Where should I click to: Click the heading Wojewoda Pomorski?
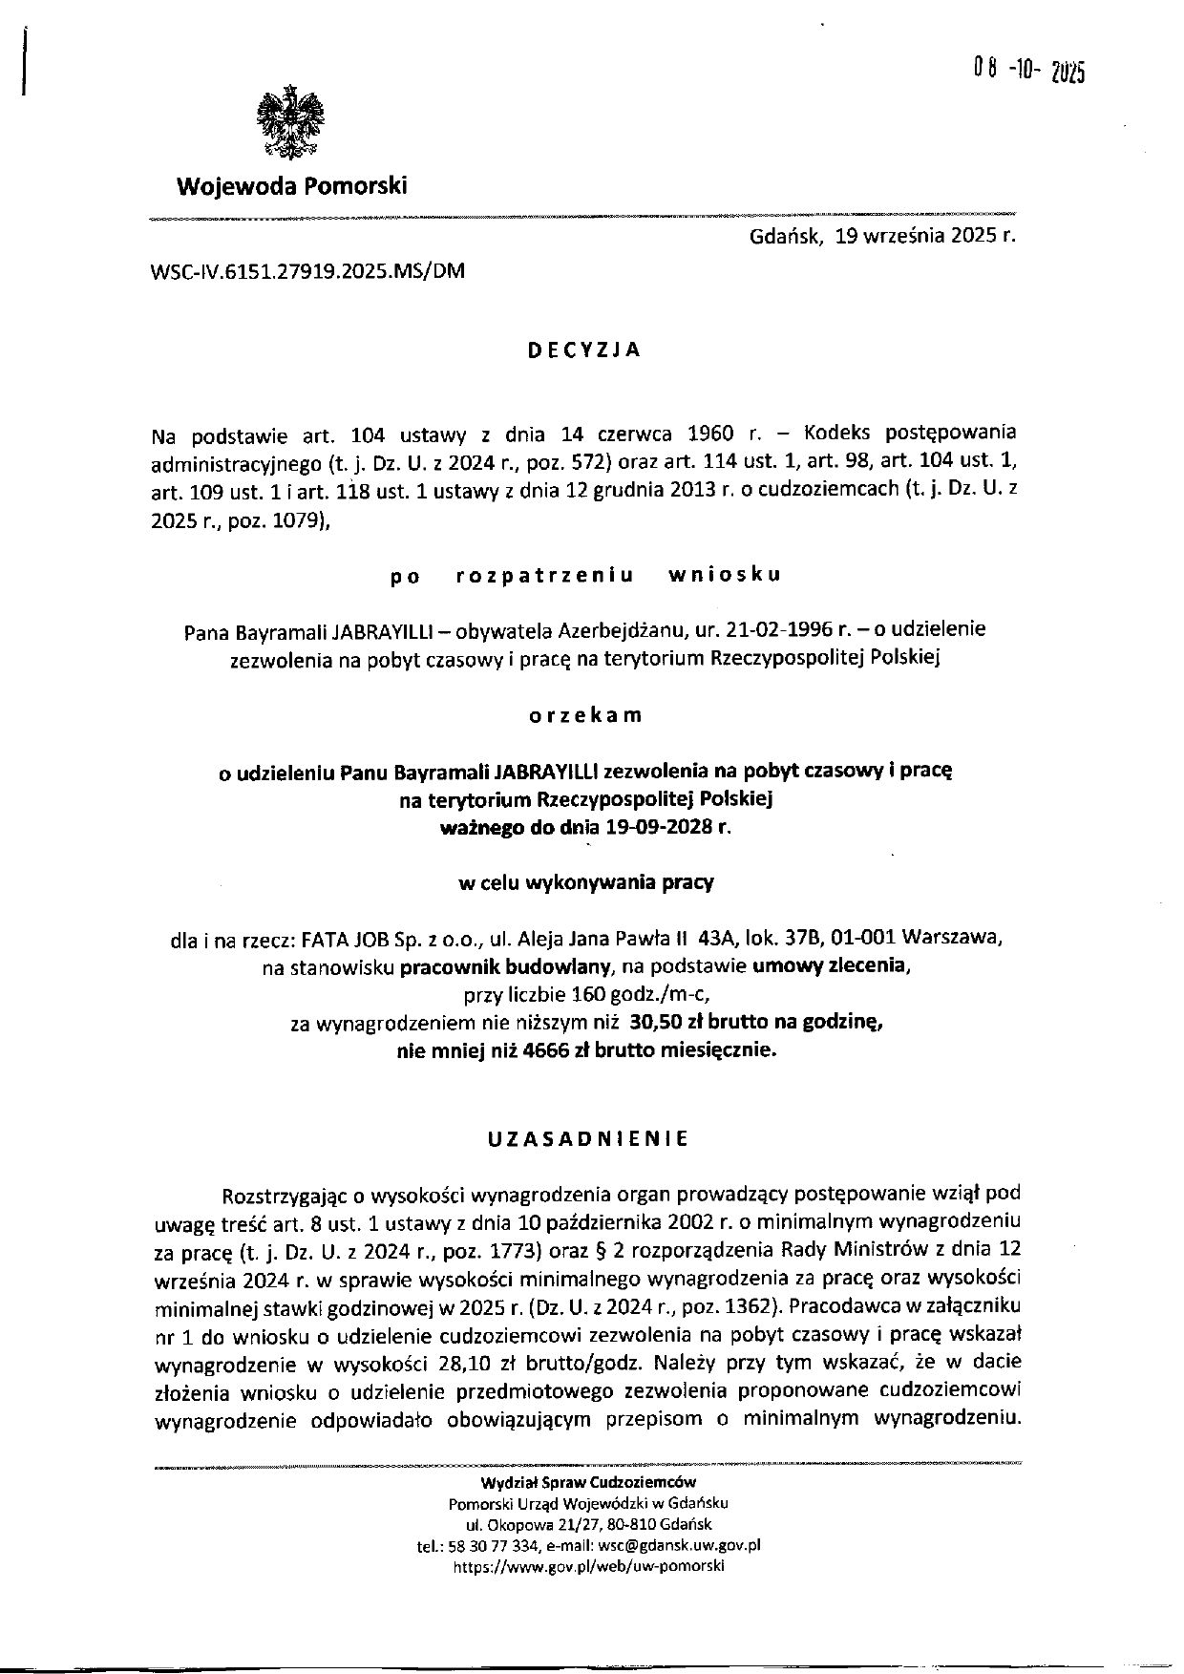click(291, 185)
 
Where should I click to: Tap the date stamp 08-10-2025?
click(1029, 71)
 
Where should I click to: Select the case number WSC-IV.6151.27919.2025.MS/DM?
click(307, 270)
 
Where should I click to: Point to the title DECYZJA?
click(584, 350)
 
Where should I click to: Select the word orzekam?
click(585, 716)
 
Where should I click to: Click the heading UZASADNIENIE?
click(587, 1139)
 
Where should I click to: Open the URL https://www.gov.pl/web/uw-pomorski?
click(588, 1567)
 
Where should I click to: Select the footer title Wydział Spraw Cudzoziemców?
click(588, 1482)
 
